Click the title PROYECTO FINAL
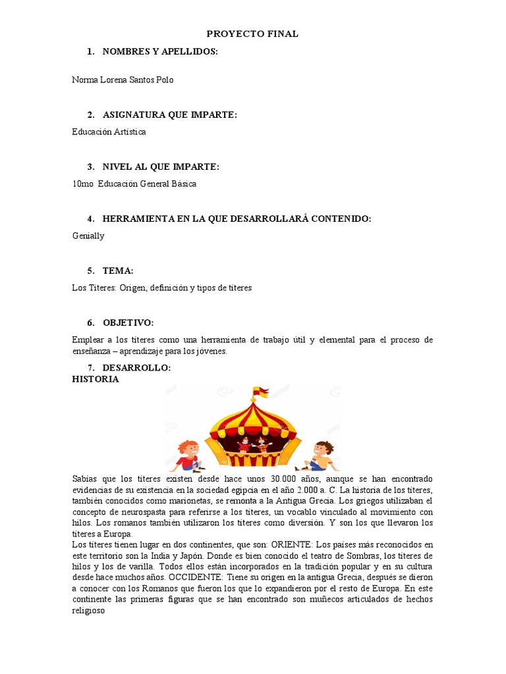tap(253, 34)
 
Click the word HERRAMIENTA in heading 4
tap(138, 219)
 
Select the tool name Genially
tap(88, 236)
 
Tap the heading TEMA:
tap(118, 271)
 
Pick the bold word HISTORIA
tap(96, 379)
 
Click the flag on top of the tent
tap(260, 394)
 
